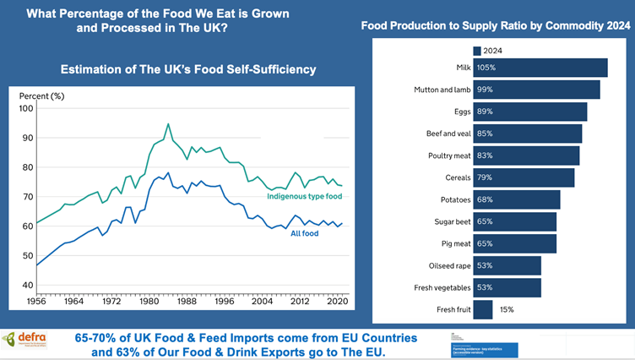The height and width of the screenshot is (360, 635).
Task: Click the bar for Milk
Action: pos(540,68)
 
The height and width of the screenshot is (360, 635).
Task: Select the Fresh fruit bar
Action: pos(483,310)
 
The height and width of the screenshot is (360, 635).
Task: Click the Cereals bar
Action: pos(524,177)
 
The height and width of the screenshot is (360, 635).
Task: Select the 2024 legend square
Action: pos(477,50)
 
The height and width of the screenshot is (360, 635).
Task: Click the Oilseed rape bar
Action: pos(507,265)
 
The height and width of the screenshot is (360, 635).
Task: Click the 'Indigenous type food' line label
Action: pos(306,197)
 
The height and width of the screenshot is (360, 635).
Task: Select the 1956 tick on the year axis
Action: pos(35,300)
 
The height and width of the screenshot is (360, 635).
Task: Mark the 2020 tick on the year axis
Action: pos(337,300)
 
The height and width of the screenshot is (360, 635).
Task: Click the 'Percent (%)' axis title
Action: pos(42,95)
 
